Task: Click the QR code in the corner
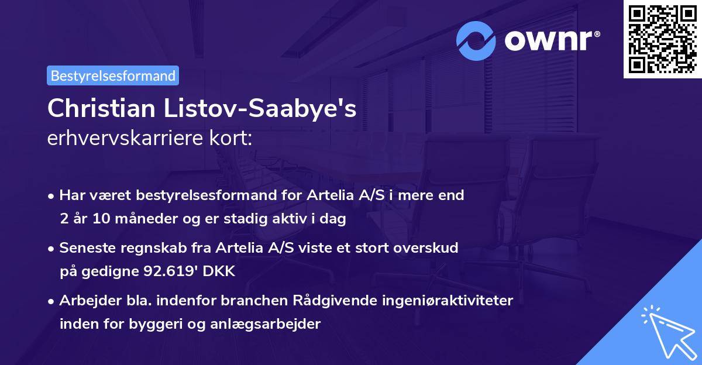(x=662, y=39)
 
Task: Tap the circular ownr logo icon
(x=476, y=40)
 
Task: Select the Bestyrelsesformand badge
(x=113, y=75)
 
